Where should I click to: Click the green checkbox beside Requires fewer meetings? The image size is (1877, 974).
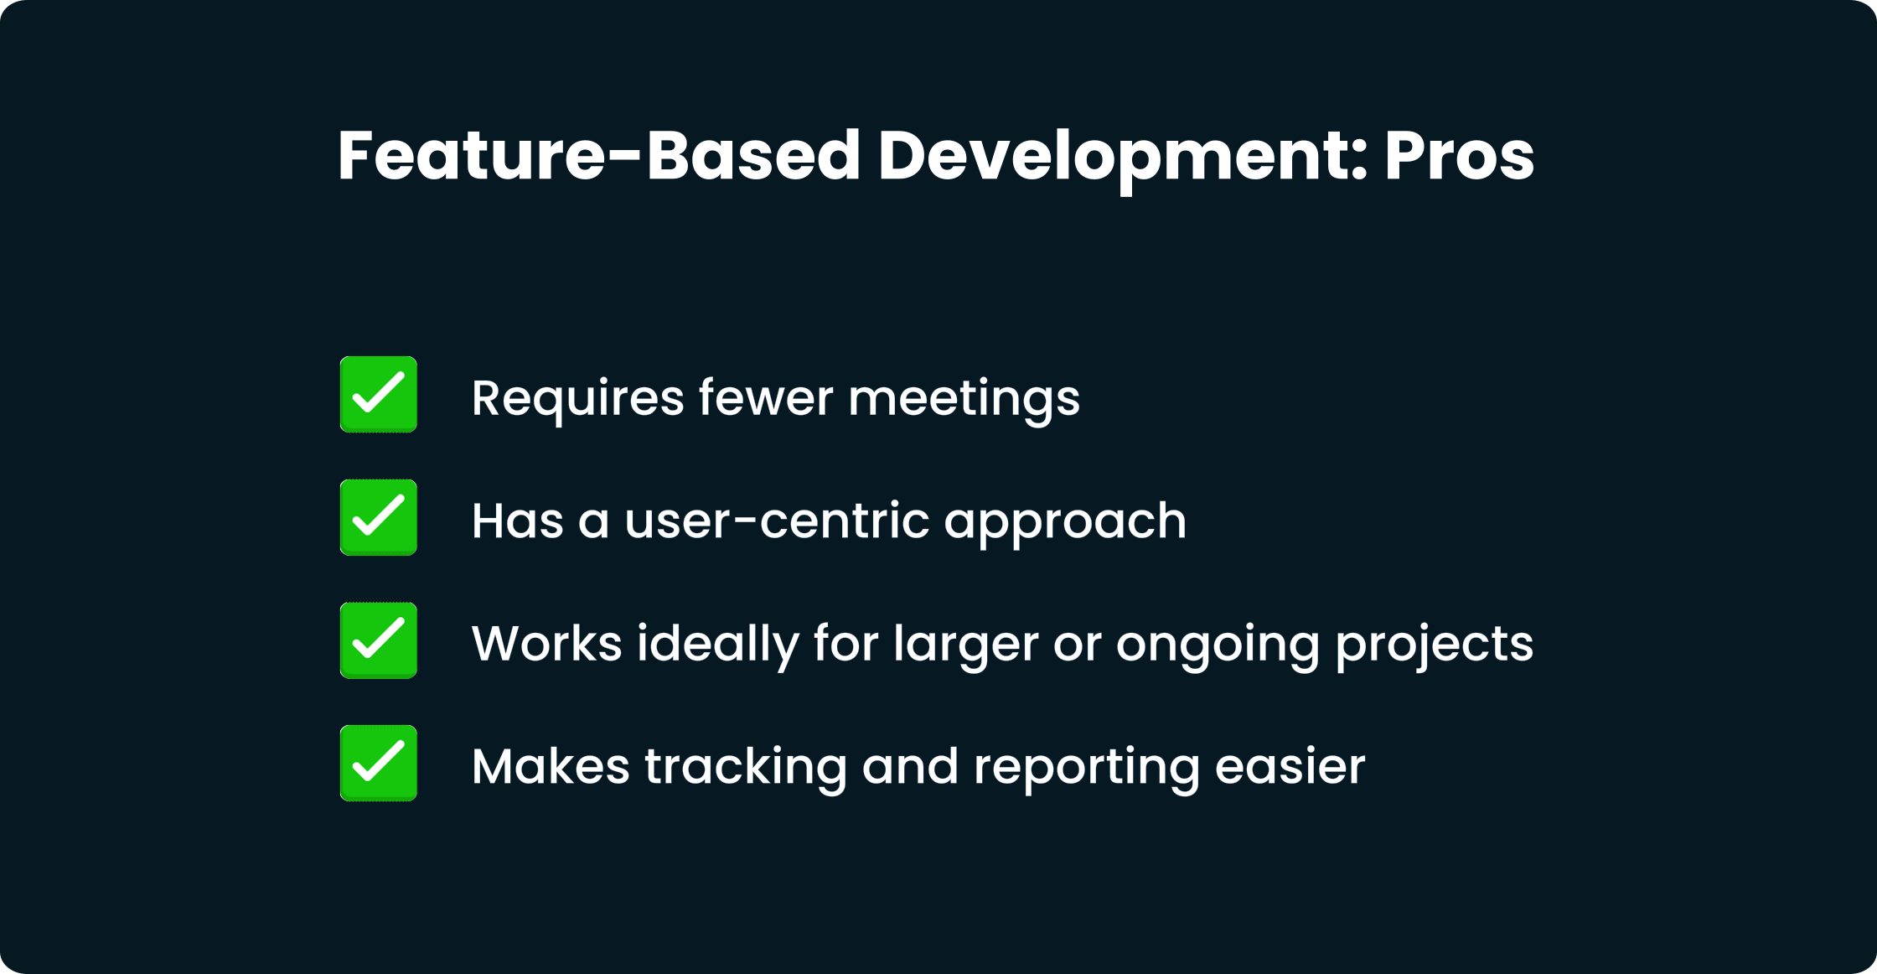pyautogui.click(x=379, y=394)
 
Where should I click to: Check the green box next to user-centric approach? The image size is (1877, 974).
pyautogui.click(x=379, y=517)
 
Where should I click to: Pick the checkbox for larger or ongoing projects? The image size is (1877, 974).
pyautogui.click(x=379, y=640)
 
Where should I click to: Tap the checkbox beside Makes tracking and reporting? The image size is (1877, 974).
pyautogui.click(x=379, y=764)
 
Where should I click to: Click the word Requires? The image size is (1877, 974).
pyautogui.click(x=577, y=400)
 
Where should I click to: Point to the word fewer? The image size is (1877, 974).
pyautogui.click(x=766, y=397)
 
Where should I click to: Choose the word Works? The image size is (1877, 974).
pyautogui.click(x=547, y=644)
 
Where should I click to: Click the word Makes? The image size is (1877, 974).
pyautogui.click(x=551, y=766)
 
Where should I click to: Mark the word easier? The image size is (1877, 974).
pyautogui.click(x=1290, y=766)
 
